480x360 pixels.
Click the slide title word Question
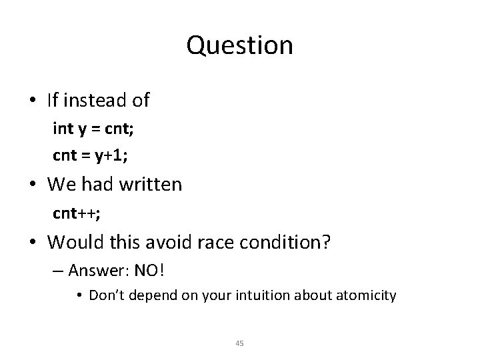pyautogui.click(x=240, y=45)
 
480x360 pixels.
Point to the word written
pyautogui.click(x=152, y=184)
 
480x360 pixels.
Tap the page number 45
pyautogui.click(x=240, y=343)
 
